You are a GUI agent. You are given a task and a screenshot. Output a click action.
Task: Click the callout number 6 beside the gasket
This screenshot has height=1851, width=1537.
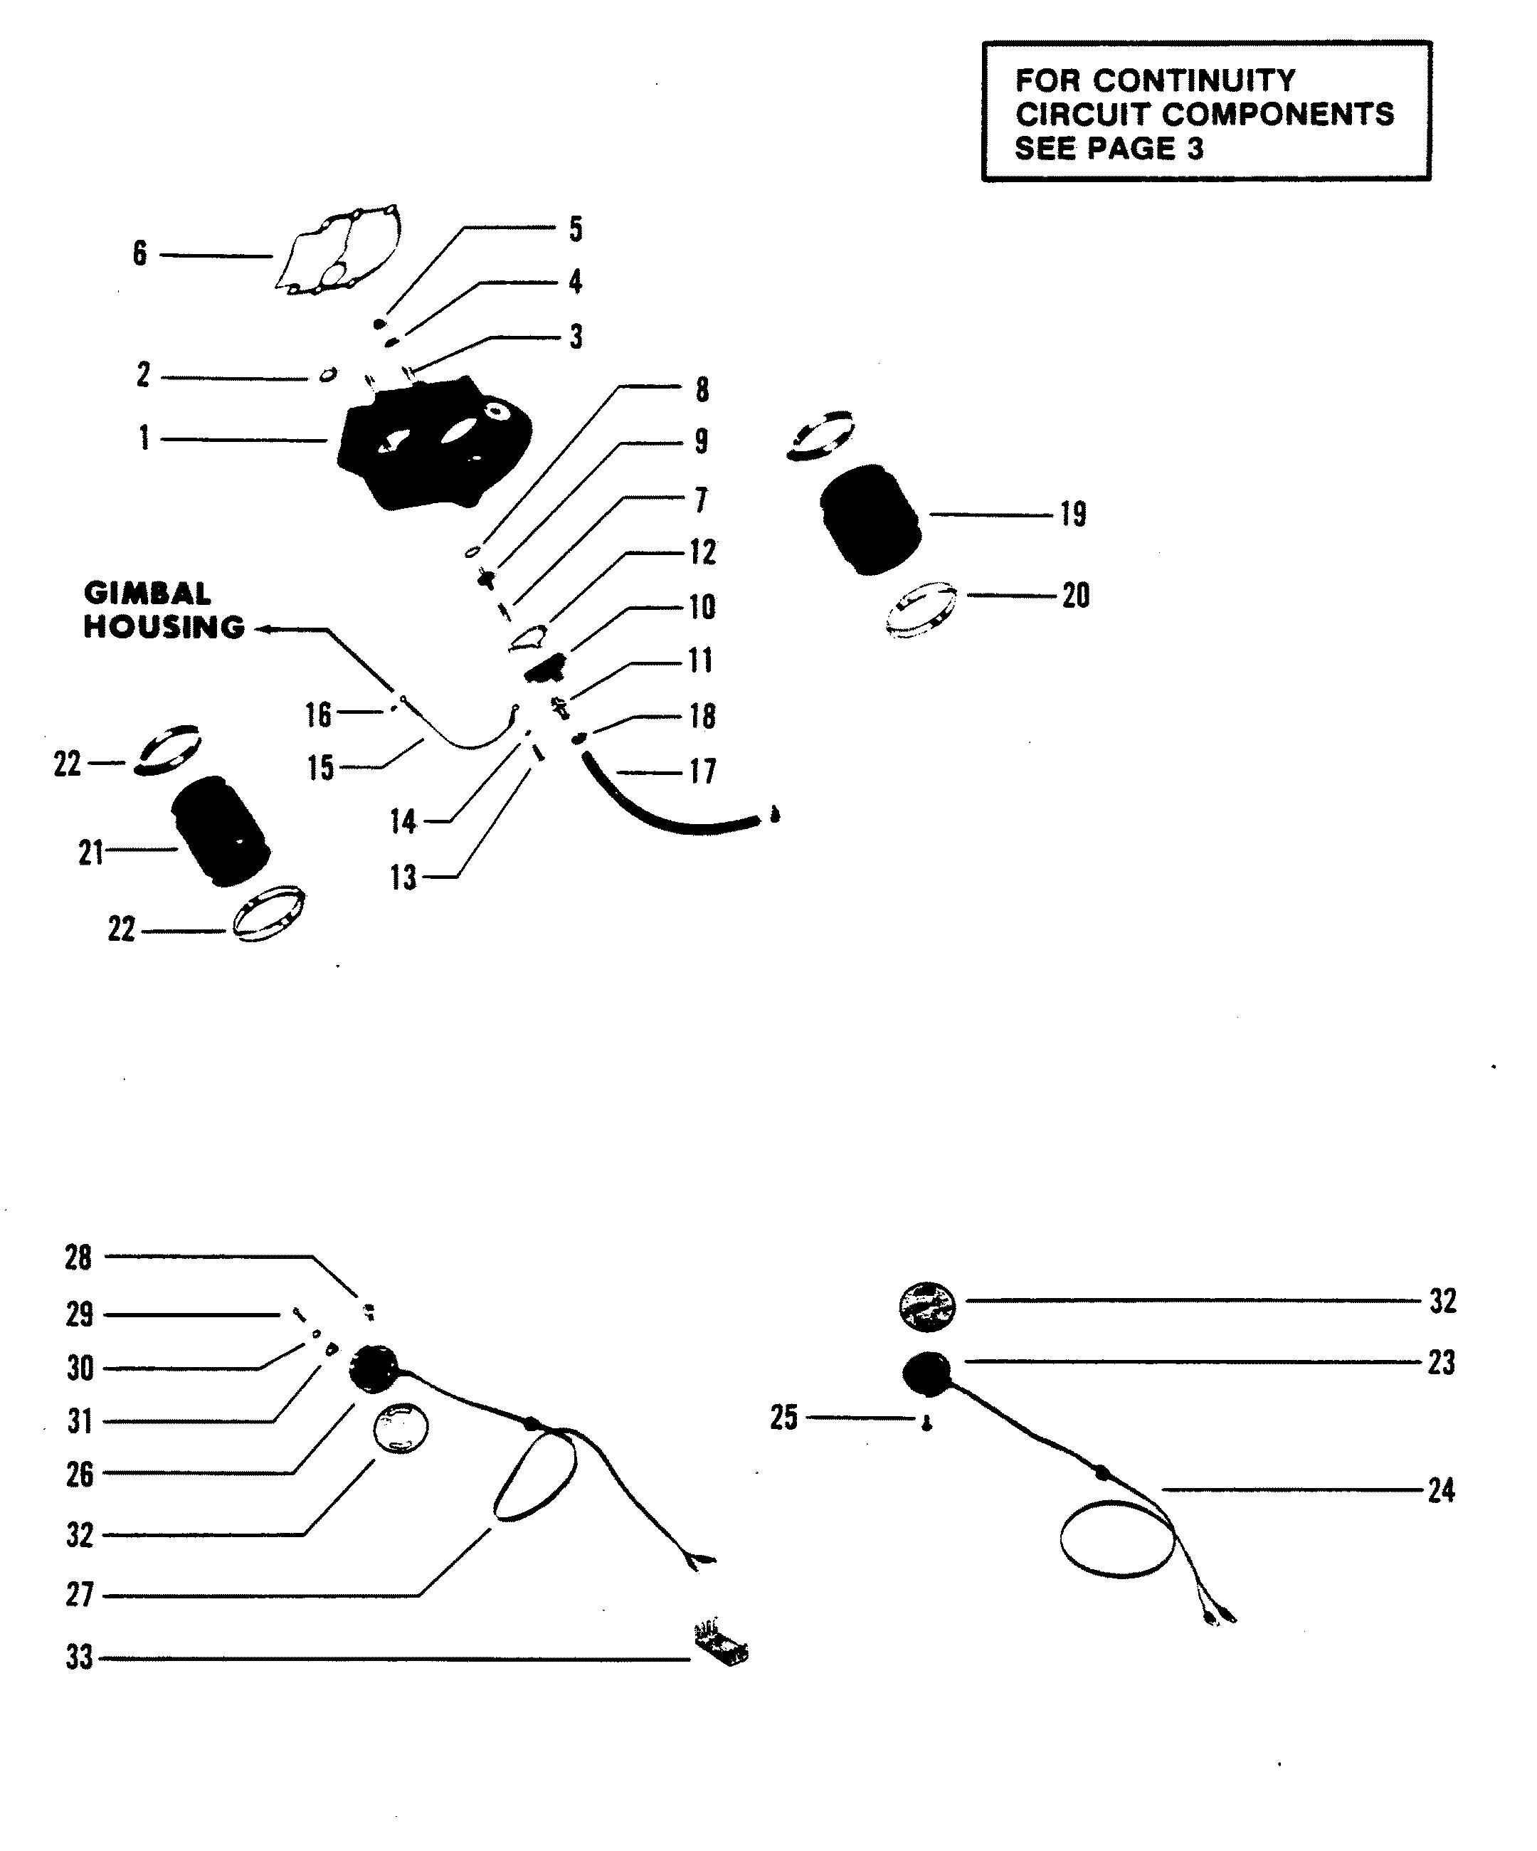139,255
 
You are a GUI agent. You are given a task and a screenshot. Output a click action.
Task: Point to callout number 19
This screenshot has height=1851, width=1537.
1072,515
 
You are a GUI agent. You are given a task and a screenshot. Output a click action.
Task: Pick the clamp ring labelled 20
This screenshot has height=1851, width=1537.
921,609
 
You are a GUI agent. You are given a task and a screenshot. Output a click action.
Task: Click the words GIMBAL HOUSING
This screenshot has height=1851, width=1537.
163,610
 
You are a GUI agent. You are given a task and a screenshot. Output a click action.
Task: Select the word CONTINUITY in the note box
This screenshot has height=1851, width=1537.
1194,81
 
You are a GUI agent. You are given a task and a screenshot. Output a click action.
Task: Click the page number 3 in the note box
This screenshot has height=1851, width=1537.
1194,149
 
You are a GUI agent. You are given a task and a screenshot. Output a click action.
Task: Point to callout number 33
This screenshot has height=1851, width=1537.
79,1658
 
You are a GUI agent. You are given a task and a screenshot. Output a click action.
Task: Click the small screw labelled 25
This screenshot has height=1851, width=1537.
926,1423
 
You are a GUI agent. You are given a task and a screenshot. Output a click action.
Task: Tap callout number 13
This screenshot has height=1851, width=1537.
403,878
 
